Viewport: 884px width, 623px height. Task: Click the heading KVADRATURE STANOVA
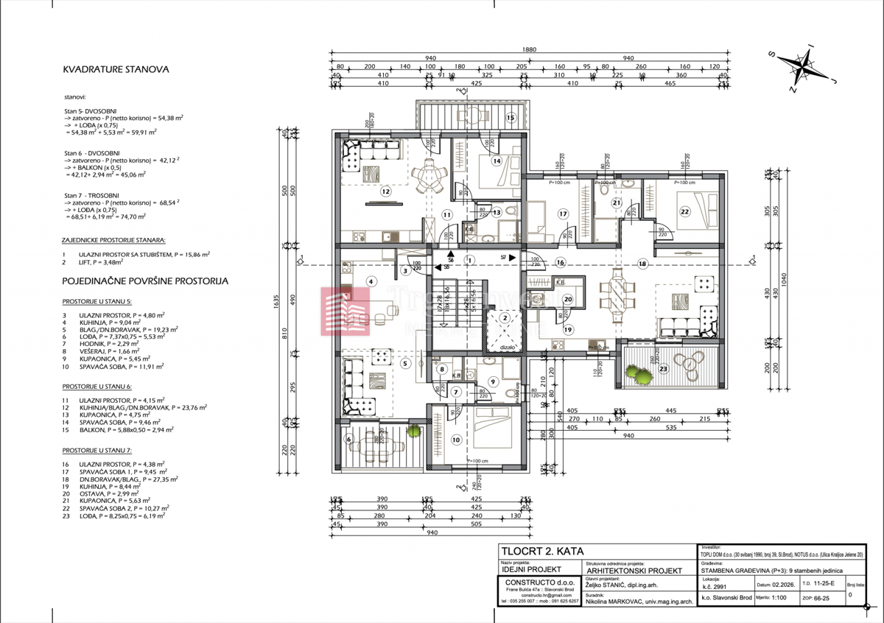tap(116, 70)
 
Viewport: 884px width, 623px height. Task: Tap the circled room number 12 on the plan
tap(385, 191)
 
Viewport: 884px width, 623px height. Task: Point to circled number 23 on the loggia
tap(663, 369)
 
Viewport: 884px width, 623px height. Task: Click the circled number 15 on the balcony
tap(509, 118)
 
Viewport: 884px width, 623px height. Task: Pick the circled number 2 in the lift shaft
tap(505, 318)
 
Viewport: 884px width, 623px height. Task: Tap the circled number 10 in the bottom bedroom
tap(455, 440)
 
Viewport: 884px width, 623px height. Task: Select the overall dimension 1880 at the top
tap(529, 50)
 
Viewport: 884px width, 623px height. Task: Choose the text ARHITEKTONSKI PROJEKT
tap(631, 570)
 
